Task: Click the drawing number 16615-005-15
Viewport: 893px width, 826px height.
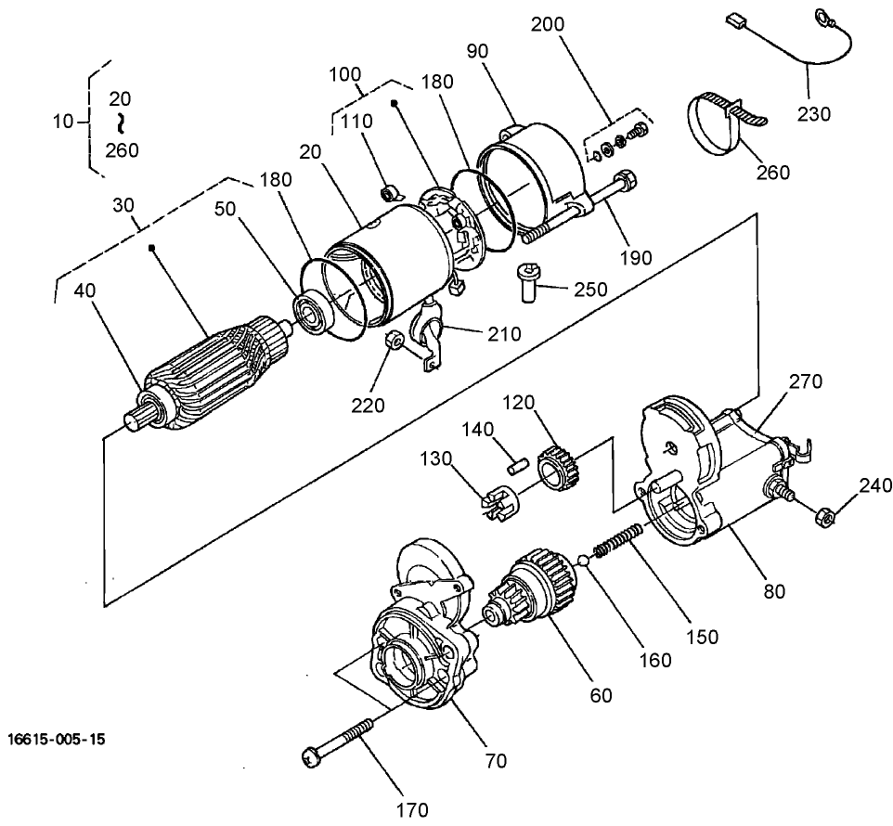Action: coord(57,740)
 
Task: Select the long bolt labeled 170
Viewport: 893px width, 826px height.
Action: coord(343,739)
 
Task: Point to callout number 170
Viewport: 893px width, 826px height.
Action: coord(410,808)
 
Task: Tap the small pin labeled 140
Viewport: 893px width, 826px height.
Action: coord(520,456)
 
